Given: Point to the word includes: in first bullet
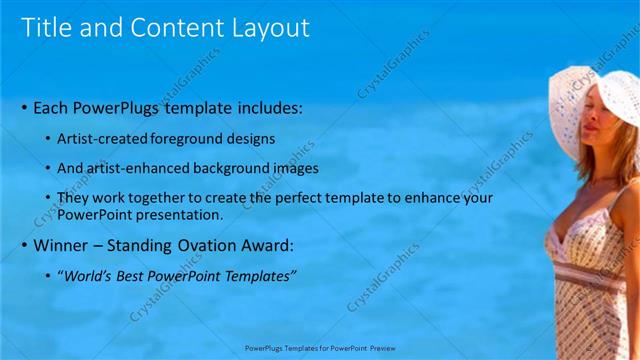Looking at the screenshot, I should click(261, 108).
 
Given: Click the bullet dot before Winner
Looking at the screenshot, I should click(24, 246).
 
